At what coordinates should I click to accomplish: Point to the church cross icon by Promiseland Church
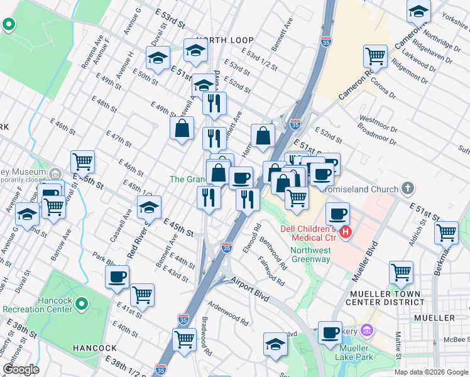(408, 188)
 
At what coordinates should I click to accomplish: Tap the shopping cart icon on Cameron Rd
(375, 55)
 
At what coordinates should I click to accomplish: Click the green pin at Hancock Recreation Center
(81, 305)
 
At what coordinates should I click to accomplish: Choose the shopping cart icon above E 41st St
(143, 293)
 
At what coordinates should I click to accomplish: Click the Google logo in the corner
(21, 370)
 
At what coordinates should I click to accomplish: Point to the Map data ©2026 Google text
(431, 372)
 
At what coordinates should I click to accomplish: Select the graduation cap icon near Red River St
(149, 206)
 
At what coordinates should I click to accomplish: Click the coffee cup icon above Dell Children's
(337, 212)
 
